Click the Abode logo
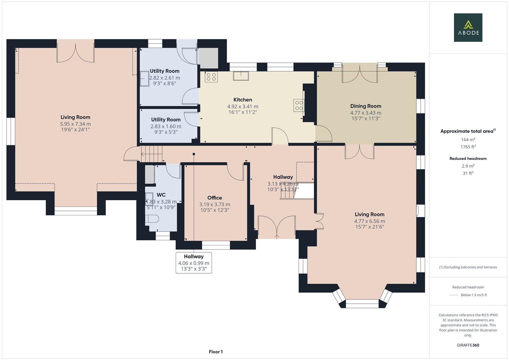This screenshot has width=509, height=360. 468,27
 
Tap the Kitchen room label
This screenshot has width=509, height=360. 243,100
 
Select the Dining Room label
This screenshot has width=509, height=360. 366,106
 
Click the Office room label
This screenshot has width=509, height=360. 214,198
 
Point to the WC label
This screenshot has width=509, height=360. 161,195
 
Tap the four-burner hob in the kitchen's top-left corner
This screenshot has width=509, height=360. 211,77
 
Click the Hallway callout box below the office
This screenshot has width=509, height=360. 194,262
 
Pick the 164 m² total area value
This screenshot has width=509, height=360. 468,140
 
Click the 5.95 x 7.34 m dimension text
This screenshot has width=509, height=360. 75,124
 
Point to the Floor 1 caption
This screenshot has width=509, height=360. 216,352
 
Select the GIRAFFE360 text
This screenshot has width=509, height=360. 468,345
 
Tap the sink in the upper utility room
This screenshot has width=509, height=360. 144,79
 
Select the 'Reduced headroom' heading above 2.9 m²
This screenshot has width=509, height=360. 468,159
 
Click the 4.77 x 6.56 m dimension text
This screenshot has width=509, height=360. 369,221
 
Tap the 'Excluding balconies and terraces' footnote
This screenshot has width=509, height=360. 468,267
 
